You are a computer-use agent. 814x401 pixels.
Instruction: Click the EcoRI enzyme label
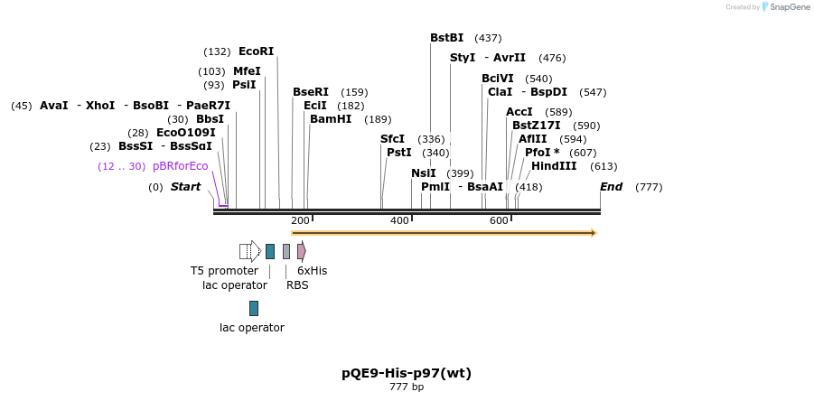click(256, 51)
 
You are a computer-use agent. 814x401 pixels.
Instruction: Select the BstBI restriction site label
click(446, 38)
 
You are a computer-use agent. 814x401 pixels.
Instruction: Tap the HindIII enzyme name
click(554, 166)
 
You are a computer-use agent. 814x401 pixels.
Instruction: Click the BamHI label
click(332, 119)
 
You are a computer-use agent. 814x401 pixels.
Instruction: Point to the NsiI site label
click(423, 173)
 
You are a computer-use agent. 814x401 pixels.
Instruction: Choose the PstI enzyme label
click(398, 153)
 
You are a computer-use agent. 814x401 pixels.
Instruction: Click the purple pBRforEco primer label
click(180, 166)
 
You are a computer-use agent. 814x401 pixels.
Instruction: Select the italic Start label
click(185, 187)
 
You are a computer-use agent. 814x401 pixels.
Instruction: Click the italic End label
click(611, 187)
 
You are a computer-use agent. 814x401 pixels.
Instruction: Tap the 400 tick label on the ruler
click(399, 221)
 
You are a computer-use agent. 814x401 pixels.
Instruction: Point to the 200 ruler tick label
click(300, 221)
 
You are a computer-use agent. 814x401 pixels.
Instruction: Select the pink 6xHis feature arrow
click(302, 251)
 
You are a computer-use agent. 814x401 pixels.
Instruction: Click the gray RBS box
click(286, 251)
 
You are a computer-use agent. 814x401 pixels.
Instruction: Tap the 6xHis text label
click(312, 271)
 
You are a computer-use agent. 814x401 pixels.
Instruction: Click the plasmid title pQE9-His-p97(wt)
click(407, 373)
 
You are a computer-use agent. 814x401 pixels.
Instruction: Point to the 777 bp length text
click(407, 387)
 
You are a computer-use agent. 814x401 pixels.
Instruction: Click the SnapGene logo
click(785, 7)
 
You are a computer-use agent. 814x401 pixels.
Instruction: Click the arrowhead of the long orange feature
click(593, 233)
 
